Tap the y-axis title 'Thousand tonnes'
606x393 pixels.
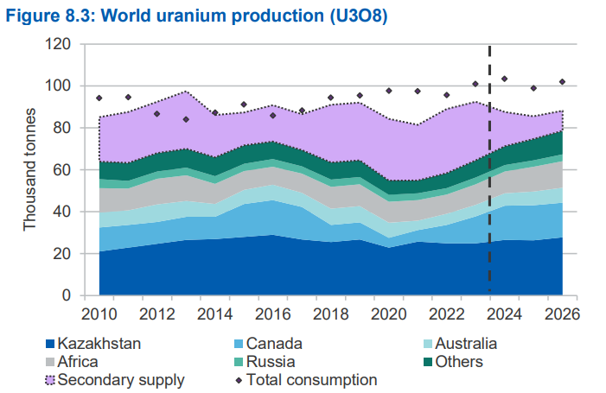click(x=29, y=170)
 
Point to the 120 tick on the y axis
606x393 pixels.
click(x=59, y=44)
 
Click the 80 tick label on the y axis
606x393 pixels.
click(x=62, y=128)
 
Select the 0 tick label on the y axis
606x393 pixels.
click(x=67, y=295)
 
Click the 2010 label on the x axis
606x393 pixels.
click(x=99, y=314)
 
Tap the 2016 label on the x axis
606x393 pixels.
click(x=273, y=314)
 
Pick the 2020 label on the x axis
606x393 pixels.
click(x=389, y=314)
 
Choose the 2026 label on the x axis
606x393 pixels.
click(x=562, y=314)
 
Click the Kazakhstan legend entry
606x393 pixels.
click(x=93, y=344)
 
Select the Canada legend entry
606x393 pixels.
click(x=268, y=344)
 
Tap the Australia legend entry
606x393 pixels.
click(x=460, y=344)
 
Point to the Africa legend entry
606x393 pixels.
click(x=72, y=362)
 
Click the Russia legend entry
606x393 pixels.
click(x=265, y=362)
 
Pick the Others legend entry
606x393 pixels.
click(x=453, y=362)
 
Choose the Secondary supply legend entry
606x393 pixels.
click(x=115, y=380)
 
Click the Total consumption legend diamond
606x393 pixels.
click(x=239, y=381)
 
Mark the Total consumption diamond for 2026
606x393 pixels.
click(x=562, y=82)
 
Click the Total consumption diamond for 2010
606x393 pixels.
click(x=99, y=98)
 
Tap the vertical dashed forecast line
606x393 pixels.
click(x=489, y=168)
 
